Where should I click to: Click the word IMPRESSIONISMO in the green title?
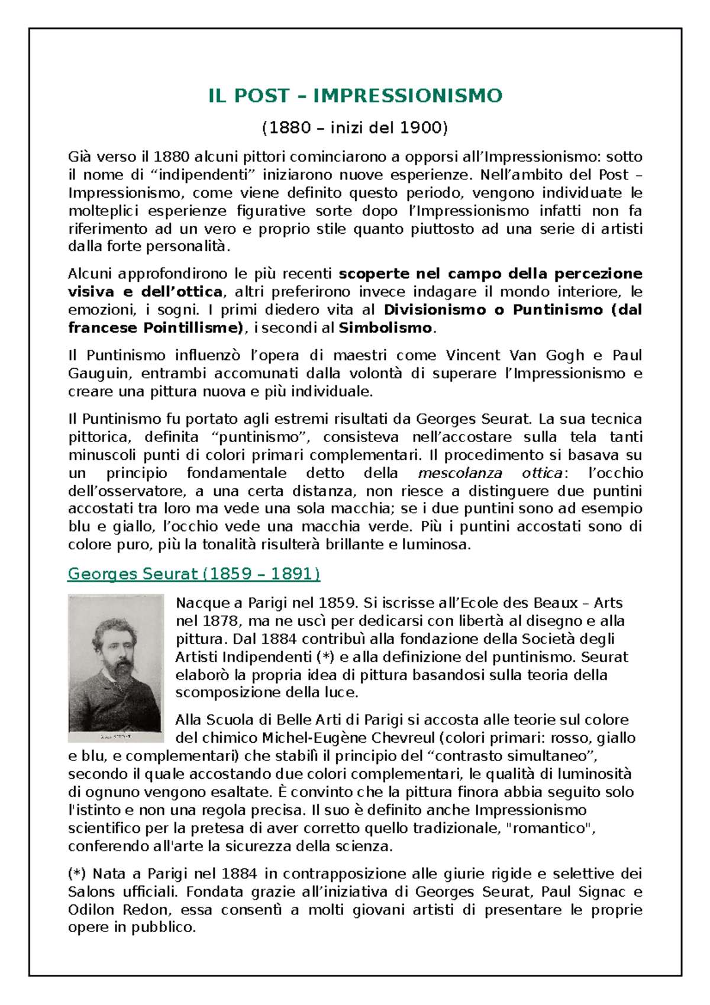coord(408,96)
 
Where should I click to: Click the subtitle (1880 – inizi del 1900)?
coord(355,128)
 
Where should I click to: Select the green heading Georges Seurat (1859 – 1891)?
coord(194,574)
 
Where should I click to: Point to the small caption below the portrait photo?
coord(116,737)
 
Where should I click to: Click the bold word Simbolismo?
coord(385,328)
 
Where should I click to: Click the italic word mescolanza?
coord(460,473)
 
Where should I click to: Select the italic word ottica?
coord(541,473)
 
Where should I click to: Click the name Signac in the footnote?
coord(602,892)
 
